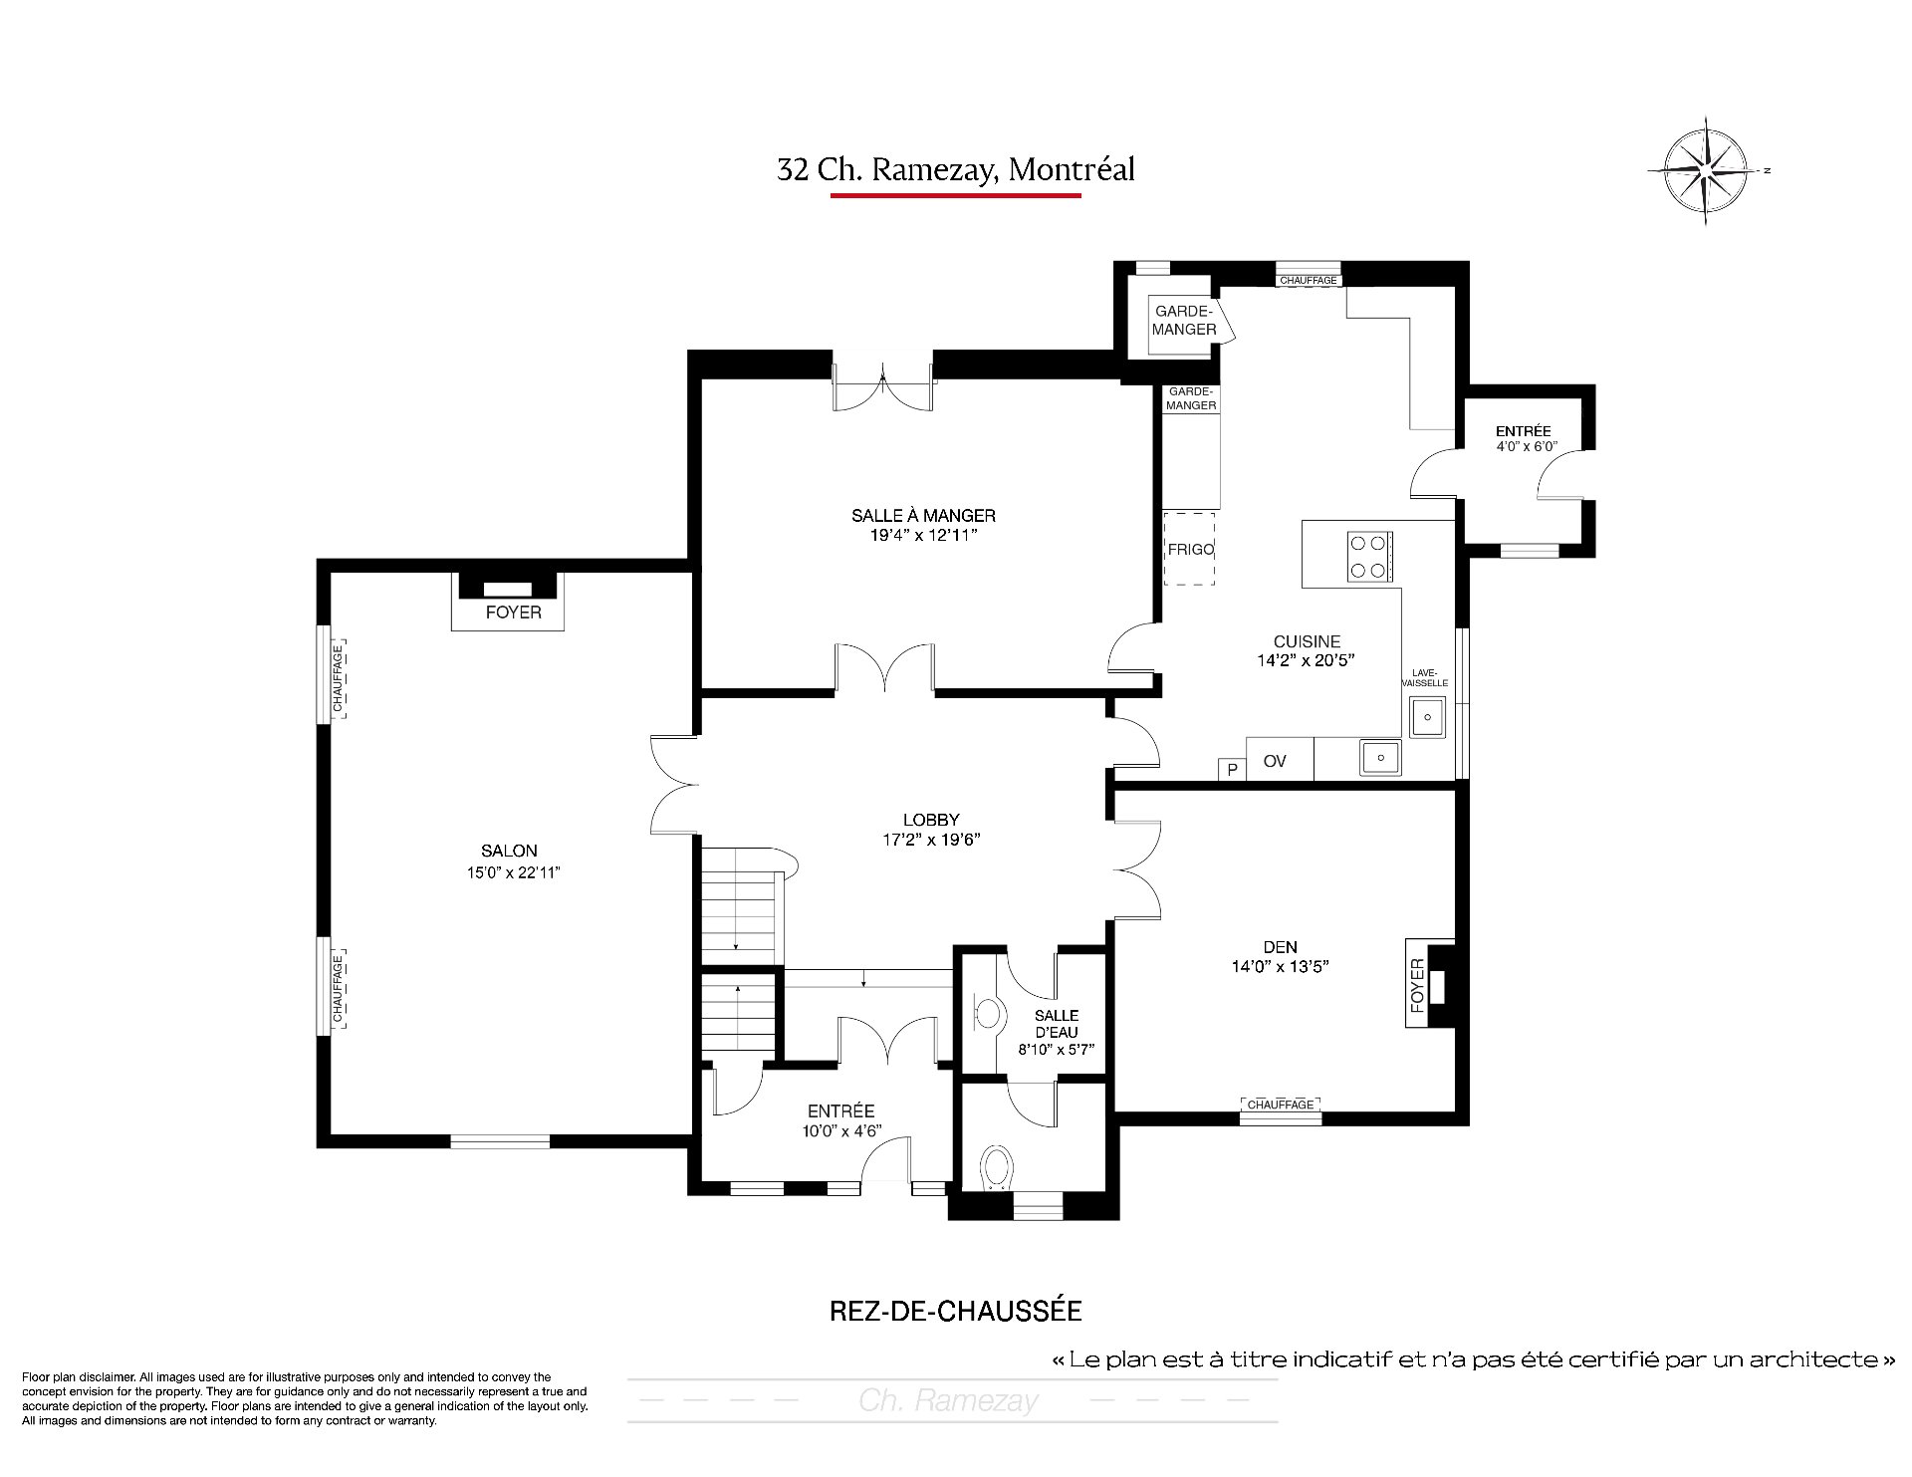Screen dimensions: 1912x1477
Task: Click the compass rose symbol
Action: [1707, 170]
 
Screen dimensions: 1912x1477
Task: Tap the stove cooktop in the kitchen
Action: [1369, 557]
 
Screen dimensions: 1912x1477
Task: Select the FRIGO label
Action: [1190, 550]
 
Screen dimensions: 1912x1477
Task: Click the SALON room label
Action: [509, 851]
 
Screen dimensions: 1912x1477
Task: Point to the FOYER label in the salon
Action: [513, 613]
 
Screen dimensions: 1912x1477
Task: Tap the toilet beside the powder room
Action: [997, 1167]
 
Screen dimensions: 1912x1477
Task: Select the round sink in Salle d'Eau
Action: [987, 1014]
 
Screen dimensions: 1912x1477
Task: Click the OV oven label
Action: [1275, 761]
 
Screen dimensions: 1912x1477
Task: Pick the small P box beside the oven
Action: [1233, 769]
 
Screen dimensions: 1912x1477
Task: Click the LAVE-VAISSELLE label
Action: [1425, 677]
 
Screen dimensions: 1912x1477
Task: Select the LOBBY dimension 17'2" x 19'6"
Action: [931, 839]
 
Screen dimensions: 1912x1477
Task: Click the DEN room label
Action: [1281, 947]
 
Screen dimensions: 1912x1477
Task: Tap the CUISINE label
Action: [1308, 641]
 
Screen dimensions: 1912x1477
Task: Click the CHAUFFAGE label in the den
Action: [1281, 1105]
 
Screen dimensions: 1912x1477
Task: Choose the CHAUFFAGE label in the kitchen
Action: [1309, 281]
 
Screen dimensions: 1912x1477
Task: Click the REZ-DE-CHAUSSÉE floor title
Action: [955, 1311]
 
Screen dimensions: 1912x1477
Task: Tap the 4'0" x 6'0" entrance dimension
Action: [1524, 446]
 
